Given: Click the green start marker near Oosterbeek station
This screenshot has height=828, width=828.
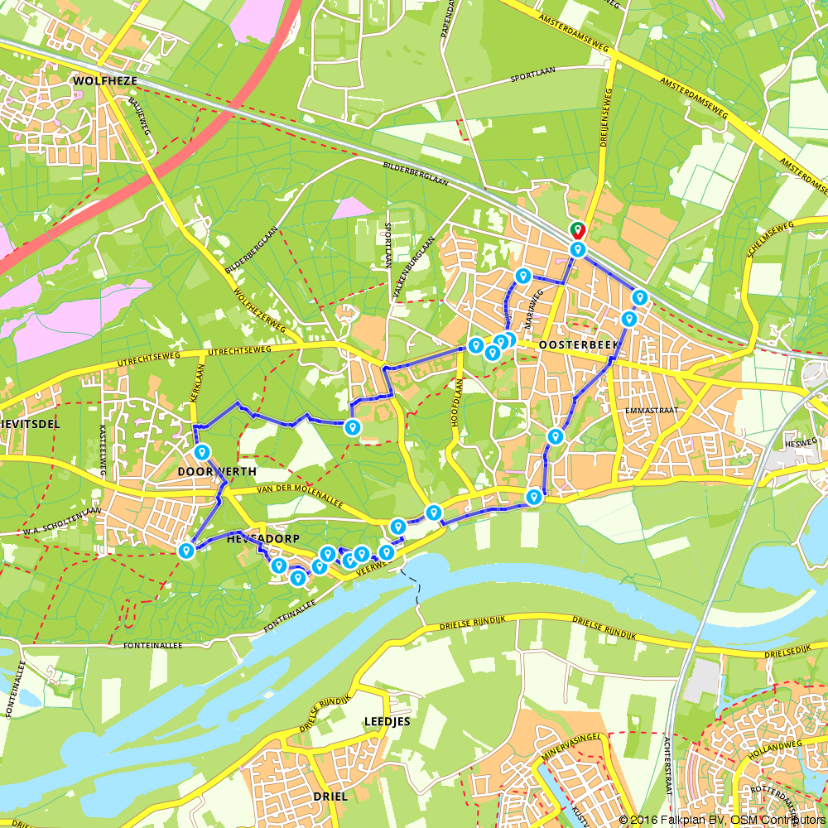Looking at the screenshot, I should click(576, 230).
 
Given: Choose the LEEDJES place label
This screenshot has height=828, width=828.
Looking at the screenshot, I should click(388, 721).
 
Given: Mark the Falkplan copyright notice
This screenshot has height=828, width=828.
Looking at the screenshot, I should click(721, 820).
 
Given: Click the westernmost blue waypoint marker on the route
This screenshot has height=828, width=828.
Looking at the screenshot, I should click(187, 550).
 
